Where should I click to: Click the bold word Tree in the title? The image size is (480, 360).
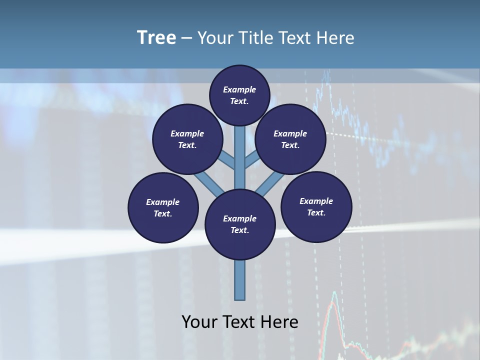[x=156, y=38]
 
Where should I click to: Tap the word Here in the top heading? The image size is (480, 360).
[x=335, y=38]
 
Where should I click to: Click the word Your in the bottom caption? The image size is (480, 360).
[x=200, y=322]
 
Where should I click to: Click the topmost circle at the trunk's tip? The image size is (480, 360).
[x=239, y=95]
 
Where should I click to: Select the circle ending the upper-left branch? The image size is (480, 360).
[x=187, y=139]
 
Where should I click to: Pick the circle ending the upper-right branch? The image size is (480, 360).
[x=290, y=139]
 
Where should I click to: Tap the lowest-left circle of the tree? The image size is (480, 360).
[x=163, y=207]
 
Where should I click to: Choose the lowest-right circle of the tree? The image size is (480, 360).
[x=316, y=206]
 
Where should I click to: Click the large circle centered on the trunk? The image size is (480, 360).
[x=240, y=224]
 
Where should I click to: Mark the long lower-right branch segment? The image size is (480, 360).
[x=270, y=183]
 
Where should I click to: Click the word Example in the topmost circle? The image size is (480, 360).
[x=239, y=89]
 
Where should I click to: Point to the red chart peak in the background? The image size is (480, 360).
[x=334, y=295]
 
